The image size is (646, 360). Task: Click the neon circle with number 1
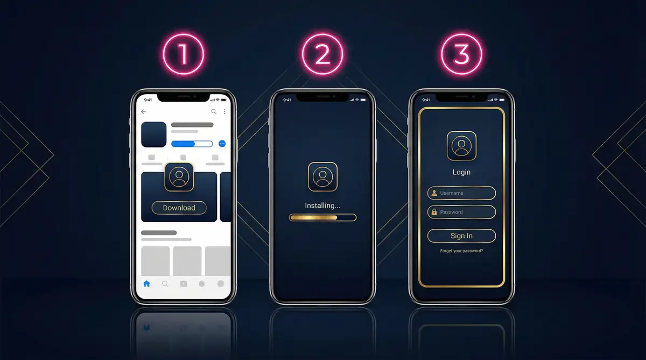point(184,34)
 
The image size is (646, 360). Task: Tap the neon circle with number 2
point(322,34)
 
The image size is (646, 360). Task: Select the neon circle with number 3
point(461,34)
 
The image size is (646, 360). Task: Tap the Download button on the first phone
point(179,208)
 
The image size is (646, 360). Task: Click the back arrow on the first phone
point(143,111)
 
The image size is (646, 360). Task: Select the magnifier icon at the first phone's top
point(214,111)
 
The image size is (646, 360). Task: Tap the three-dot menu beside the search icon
point(224,111)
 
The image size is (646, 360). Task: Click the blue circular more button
point(222,144)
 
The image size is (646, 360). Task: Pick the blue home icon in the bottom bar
point(146,284)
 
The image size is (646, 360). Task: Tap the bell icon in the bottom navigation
point(202,284)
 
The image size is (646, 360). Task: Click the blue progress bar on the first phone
point(192,144)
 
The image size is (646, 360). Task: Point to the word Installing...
point(322,206)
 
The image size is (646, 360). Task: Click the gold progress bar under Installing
point(322,217)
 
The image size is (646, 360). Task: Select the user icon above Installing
point(322,177)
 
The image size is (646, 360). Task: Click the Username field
point(461,193)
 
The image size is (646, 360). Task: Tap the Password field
point(461,212)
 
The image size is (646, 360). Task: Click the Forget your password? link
point(461,251)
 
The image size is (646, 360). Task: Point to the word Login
point(461,172)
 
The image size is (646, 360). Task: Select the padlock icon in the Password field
point(434,212)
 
